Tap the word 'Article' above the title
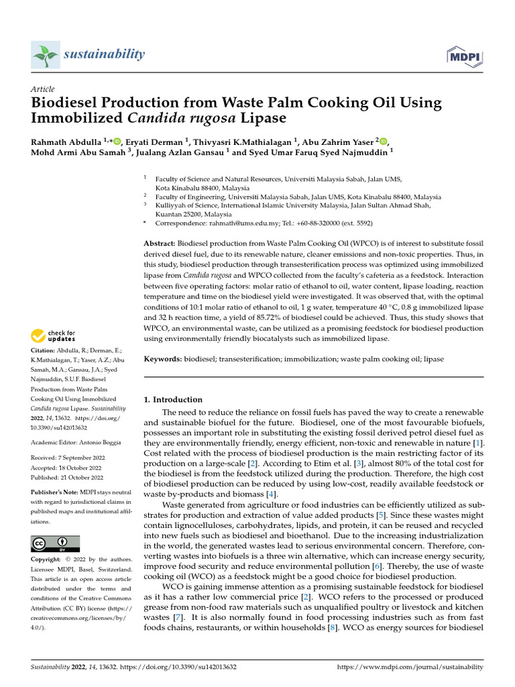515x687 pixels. [x=43, y=89]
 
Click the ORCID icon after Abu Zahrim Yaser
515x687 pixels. [x=383, y=141]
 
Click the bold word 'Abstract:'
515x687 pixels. [x=160, y=242]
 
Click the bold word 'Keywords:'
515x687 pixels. [x=163, y=360]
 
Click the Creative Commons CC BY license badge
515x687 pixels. [x=55, y=543]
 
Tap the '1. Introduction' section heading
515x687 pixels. [x=173, y=399]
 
